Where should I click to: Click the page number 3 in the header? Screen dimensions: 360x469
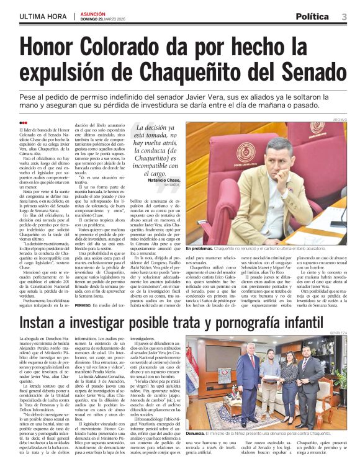(343, 16)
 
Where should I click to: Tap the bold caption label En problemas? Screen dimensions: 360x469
(217, 248)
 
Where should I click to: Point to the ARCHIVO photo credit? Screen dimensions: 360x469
(340, 119)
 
